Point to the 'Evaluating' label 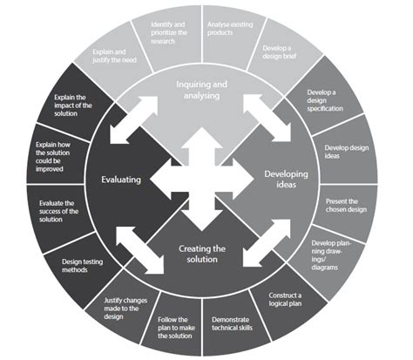(x=120, y=180)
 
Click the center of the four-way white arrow (x=201, y=180)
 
